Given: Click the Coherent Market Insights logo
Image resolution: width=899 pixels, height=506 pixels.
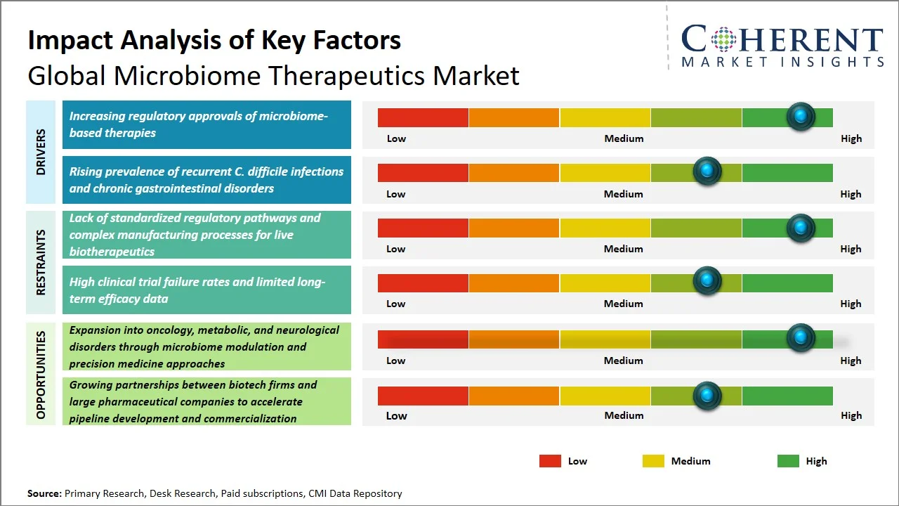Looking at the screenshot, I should pos(782,45).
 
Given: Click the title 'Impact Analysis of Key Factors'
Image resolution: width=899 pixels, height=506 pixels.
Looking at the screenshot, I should pos(214,40).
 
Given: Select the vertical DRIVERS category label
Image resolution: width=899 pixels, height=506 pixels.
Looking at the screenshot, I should pos(41,152).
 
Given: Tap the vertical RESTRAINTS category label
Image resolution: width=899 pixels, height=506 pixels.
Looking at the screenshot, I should pos(41,262).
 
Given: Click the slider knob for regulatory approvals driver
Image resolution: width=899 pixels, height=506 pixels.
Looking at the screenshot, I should pos(800,117).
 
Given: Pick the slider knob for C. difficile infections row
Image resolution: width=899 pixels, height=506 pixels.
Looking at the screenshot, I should pos(707,171).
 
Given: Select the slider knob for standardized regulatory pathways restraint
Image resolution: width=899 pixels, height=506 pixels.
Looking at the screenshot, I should pos(800,228).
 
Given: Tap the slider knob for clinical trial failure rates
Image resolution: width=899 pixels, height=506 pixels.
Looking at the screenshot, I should pos(707,281).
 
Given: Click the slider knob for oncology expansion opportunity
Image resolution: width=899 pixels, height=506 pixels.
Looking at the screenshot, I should pos(800,338).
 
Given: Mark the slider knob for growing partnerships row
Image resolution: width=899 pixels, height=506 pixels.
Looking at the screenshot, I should pos(707,396).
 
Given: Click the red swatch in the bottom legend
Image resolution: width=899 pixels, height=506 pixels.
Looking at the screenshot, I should pos(550,461).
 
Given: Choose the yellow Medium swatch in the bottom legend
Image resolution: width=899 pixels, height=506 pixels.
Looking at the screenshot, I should pos(653,461).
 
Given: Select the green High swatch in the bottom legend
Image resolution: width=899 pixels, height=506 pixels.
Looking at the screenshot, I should pos(788,461).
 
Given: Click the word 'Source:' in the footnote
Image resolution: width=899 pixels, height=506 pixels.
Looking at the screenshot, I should pos(44,493).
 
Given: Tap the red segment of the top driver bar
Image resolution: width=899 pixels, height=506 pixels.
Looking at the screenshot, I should pos(423,117).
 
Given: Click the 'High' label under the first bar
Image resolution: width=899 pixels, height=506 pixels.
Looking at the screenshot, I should pos(851,138).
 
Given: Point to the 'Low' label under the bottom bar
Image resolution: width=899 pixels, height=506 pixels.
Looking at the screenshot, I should pos(396,415).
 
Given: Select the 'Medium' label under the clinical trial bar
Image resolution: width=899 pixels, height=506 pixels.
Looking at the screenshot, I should pos(624,304).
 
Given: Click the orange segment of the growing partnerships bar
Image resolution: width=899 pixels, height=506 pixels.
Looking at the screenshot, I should pos(514,396).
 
